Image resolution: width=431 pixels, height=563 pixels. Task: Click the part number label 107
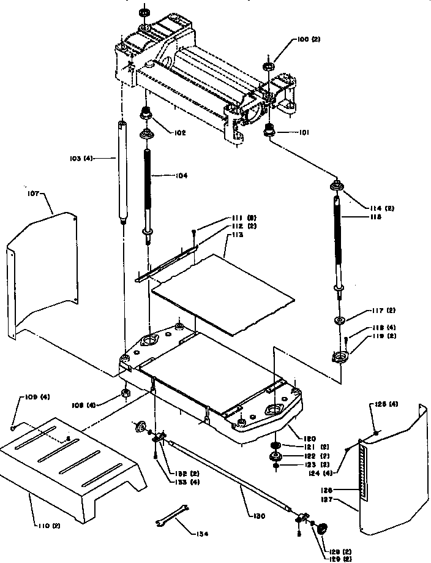click(32, 194)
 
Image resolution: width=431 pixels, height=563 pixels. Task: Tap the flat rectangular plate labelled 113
click(223, 294)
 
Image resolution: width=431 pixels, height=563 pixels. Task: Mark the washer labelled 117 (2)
click(339, 320)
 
